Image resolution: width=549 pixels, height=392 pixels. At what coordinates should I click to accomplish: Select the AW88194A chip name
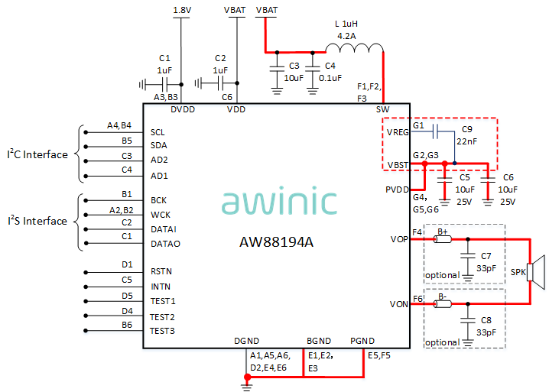pyautogui.click(x=277, y=243)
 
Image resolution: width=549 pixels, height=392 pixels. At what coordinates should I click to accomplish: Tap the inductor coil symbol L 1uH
pyautogui.click(x=359, y=50)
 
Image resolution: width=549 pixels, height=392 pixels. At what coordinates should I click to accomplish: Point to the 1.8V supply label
pyautogui.click(x=182, y=10)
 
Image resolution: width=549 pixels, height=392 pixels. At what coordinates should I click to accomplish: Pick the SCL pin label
pyautogui.click(x=158, y=132)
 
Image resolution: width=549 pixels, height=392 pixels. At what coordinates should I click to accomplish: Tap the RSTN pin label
pyautogui.click(x=161, y=271)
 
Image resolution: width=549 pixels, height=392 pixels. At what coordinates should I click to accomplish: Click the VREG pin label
pyautogui.click(x=398, y=132)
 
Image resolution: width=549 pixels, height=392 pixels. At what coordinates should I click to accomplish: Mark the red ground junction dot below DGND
pyautogui.click(x=246, y=377)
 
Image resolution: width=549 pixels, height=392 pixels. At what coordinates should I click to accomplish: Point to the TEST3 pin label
pyautogui.click(x=162, y=331)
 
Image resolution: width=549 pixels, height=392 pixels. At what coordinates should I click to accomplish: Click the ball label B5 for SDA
pyautogui.click(x=127, y=141)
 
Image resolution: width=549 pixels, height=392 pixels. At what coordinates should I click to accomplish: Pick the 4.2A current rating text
pyautogui.click(x=347, y=35)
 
